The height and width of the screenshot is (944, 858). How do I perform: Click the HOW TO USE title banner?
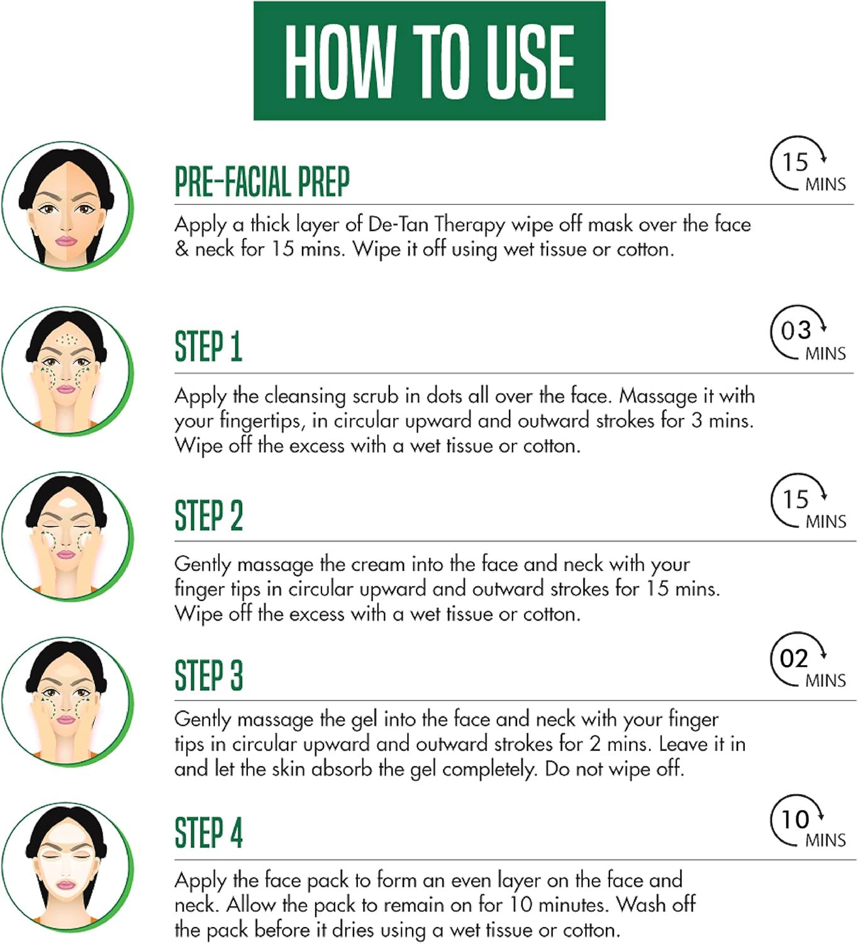pyautogui.click(x=429, y=60)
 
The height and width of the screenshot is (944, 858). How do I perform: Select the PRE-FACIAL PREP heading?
pyautogui.click(x=262, y=181)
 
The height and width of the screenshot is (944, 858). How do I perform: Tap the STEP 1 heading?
pyautogui.click(x=208, y=346)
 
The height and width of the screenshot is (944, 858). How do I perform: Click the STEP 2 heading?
pyautogui.click(x=209, y=515)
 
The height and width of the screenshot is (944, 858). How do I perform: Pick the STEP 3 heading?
pyautogui.click(x=209, y=675)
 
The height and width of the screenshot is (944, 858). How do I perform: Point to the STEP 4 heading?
pyautogui.click(x=209, y=833)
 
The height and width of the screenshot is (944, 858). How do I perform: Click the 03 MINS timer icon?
pyautogui.click(x=808, y=333)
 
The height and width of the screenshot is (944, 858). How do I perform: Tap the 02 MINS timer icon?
pyautogui.click(x=808, y=660)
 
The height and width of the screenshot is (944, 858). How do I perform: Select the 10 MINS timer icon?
pyautogui.click(x=808, y=821)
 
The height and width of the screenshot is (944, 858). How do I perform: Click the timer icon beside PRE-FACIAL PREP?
pyautogui.click(x=808, y=164)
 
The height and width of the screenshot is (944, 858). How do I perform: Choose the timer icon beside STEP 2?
pyautogui.click(x=808, y=501)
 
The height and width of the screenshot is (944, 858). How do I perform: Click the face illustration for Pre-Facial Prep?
pyautogui.click(x=67, y=206)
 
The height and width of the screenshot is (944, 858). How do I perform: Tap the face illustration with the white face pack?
pyautogui.click(x=67, y=867)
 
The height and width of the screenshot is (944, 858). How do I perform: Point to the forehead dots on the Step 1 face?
pyautogui.click(x=67, y=339)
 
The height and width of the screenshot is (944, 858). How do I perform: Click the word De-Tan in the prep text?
pyautogui.click(x=397, y=224)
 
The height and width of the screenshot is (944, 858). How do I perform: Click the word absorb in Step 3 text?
pyautogui.click(x=342, y=769)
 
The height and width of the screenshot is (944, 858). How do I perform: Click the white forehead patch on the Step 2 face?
pyautogui.click(x=67, y=503)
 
